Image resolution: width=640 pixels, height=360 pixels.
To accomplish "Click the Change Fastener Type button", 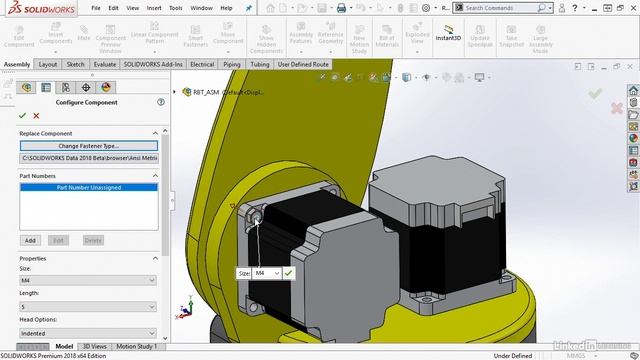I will pos(87,146).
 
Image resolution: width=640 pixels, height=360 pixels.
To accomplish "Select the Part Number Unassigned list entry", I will pos(87,187).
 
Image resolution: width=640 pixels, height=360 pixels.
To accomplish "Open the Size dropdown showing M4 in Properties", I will pos(87,280).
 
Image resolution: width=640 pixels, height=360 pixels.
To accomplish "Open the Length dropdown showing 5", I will pos(87,306).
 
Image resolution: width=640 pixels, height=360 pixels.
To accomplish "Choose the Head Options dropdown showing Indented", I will pos(87,333).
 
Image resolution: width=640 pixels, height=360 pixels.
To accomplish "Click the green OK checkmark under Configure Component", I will pos(23,116).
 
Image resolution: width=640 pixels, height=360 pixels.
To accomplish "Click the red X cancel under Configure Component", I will pos(37,116).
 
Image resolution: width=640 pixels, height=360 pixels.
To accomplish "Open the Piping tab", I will pos(231,64).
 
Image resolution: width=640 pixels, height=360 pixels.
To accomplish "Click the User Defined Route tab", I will pos(303,64).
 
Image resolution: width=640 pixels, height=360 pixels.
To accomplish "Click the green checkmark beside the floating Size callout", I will pos(288,272).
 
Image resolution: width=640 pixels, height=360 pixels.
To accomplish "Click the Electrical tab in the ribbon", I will pos(202,64).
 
